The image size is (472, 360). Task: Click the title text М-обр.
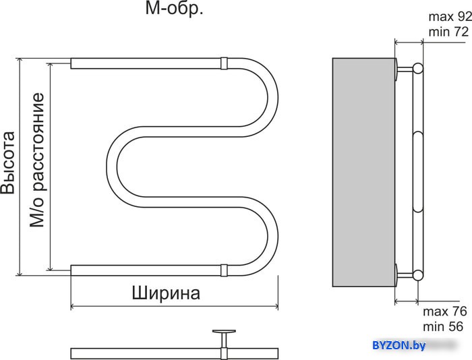(174, 9)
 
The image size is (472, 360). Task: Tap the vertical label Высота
(7, 163)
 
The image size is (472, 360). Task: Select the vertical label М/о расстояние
(37, 160)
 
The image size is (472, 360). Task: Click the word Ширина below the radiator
(166, 293)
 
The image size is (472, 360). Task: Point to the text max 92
(450, 17)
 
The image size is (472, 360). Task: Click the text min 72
(448, 32)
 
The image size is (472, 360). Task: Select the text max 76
(445, 311)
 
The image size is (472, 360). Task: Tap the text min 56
(443, 326)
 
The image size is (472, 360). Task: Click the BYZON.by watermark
(399, 345)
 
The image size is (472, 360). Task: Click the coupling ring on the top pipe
(224, 63)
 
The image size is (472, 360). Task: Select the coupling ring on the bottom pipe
(224, 270)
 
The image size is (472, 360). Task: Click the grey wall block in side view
(363, 172)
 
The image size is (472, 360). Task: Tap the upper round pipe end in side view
(418, 68)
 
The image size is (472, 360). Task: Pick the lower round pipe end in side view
(418, 275)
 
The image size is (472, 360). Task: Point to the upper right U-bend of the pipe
(272, 98)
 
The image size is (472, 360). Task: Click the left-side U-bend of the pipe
(112, 167)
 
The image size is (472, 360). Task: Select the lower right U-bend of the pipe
(272, 236)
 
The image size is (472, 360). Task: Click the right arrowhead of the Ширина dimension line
(276, 307)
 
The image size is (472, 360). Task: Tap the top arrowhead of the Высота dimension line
(20, 61)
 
